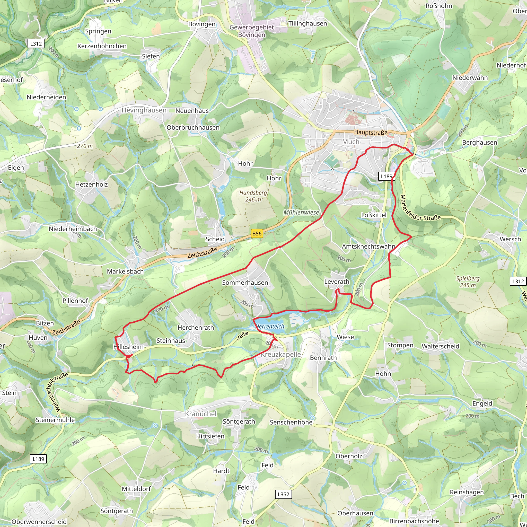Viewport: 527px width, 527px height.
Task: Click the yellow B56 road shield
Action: pyautogui.click(x=257, y=233)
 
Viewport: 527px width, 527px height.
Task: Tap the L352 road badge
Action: pyautogui.click(x=283, y=494)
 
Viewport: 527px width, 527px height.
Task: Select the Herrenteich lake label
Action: pyautogui.click(x=270, y=327)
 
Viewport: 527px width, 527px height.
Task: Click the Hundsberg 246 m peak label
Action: pyautogui.click(x=253, y=196)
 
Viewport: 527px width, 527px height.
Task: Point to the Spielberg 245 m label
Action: pyautogui.click(x=468, y=282)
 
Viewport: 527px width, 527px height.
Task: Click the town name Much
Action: pyautogui.click(x=350, y=142)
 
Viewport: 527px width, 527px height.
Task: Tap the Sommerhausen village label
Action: pyautogui.click(x=245, y=283)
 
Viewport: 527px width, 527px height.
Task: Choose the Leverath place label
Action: pyautogui.click(x=337, y=282)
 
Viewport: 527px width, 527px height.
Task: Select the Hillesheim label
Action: pyautogui.click(x=128, y=347)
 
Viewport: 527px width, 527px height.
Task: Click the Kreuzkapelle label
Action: pyautogui.click(x=281, y=354)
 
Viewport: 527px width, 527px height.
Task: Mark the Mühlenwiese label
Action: pyautogui.click(x=301, y=213)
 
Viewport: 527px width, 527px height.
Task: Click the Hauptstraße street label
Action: pyautogui.click(x=371, y=133)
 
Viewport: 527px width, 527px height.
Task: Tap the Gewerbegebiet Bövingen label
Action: pyautogui.click(x=251, y=31)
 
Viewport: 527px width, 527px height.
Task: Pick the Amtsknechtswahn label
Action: pyautogui.click(x=368, y=246)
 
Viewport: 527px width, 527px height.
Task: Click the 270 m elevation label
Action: pyautogui.click(x=85, y=146)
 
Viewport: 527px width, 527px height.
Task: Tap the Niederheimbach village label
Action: pyautogui.click(x=73, y=229)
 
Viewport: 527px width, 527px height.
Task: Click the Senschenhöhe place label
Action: pyautogui.click(x=291, y=422)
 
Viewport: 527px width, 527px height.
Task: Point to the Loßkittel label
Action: pyautogui.click(x=374, y=215)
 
